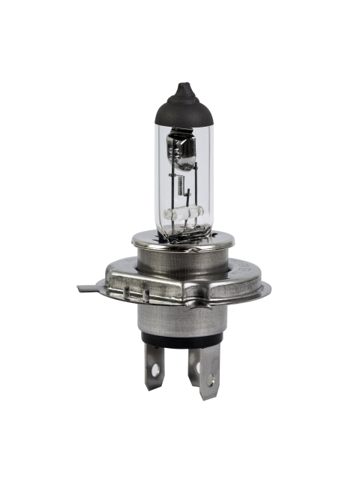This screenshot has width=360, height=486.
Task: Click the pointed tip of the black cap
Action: click(x=182, y=86)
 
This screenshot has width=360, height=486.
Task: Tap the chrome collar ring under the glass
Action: click(x=182, y=241)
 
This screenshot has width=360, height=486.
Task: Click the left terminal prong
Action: click(x=154, y=367)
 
